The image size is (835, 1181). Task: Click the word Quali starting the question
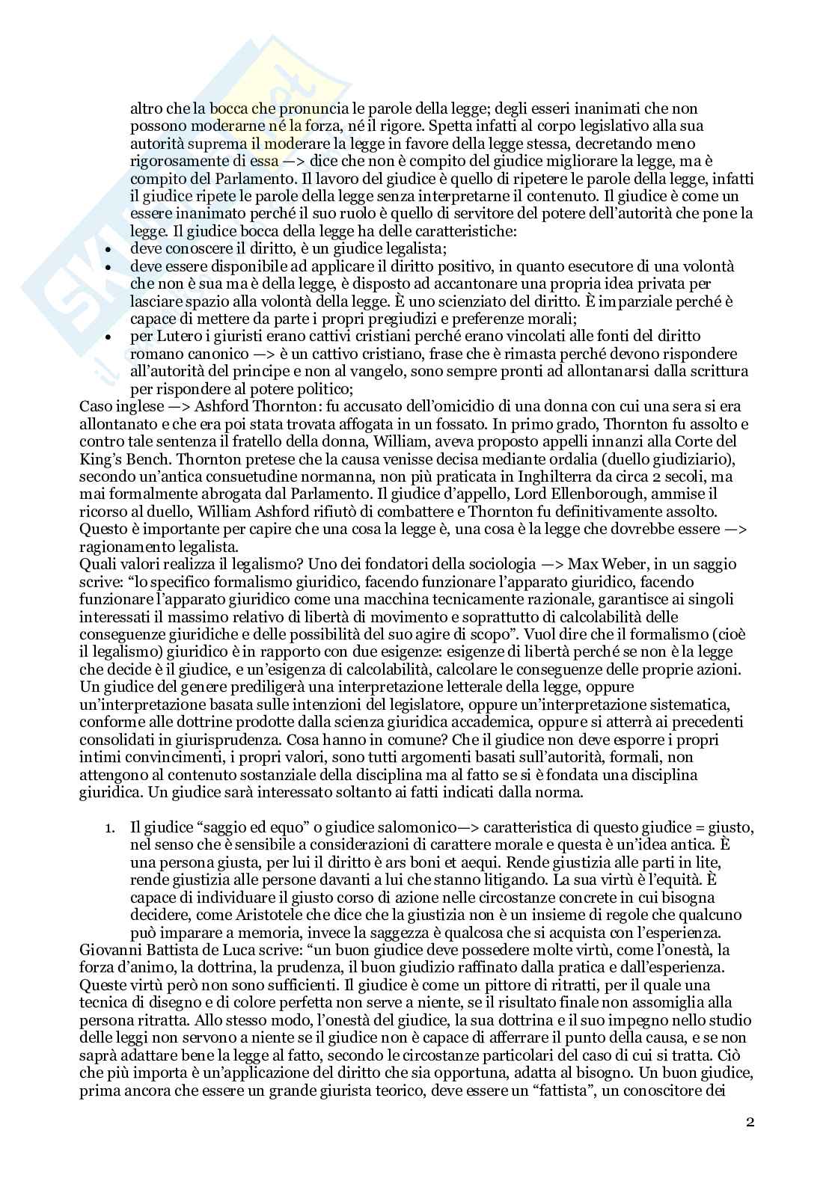click(97, 564)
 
